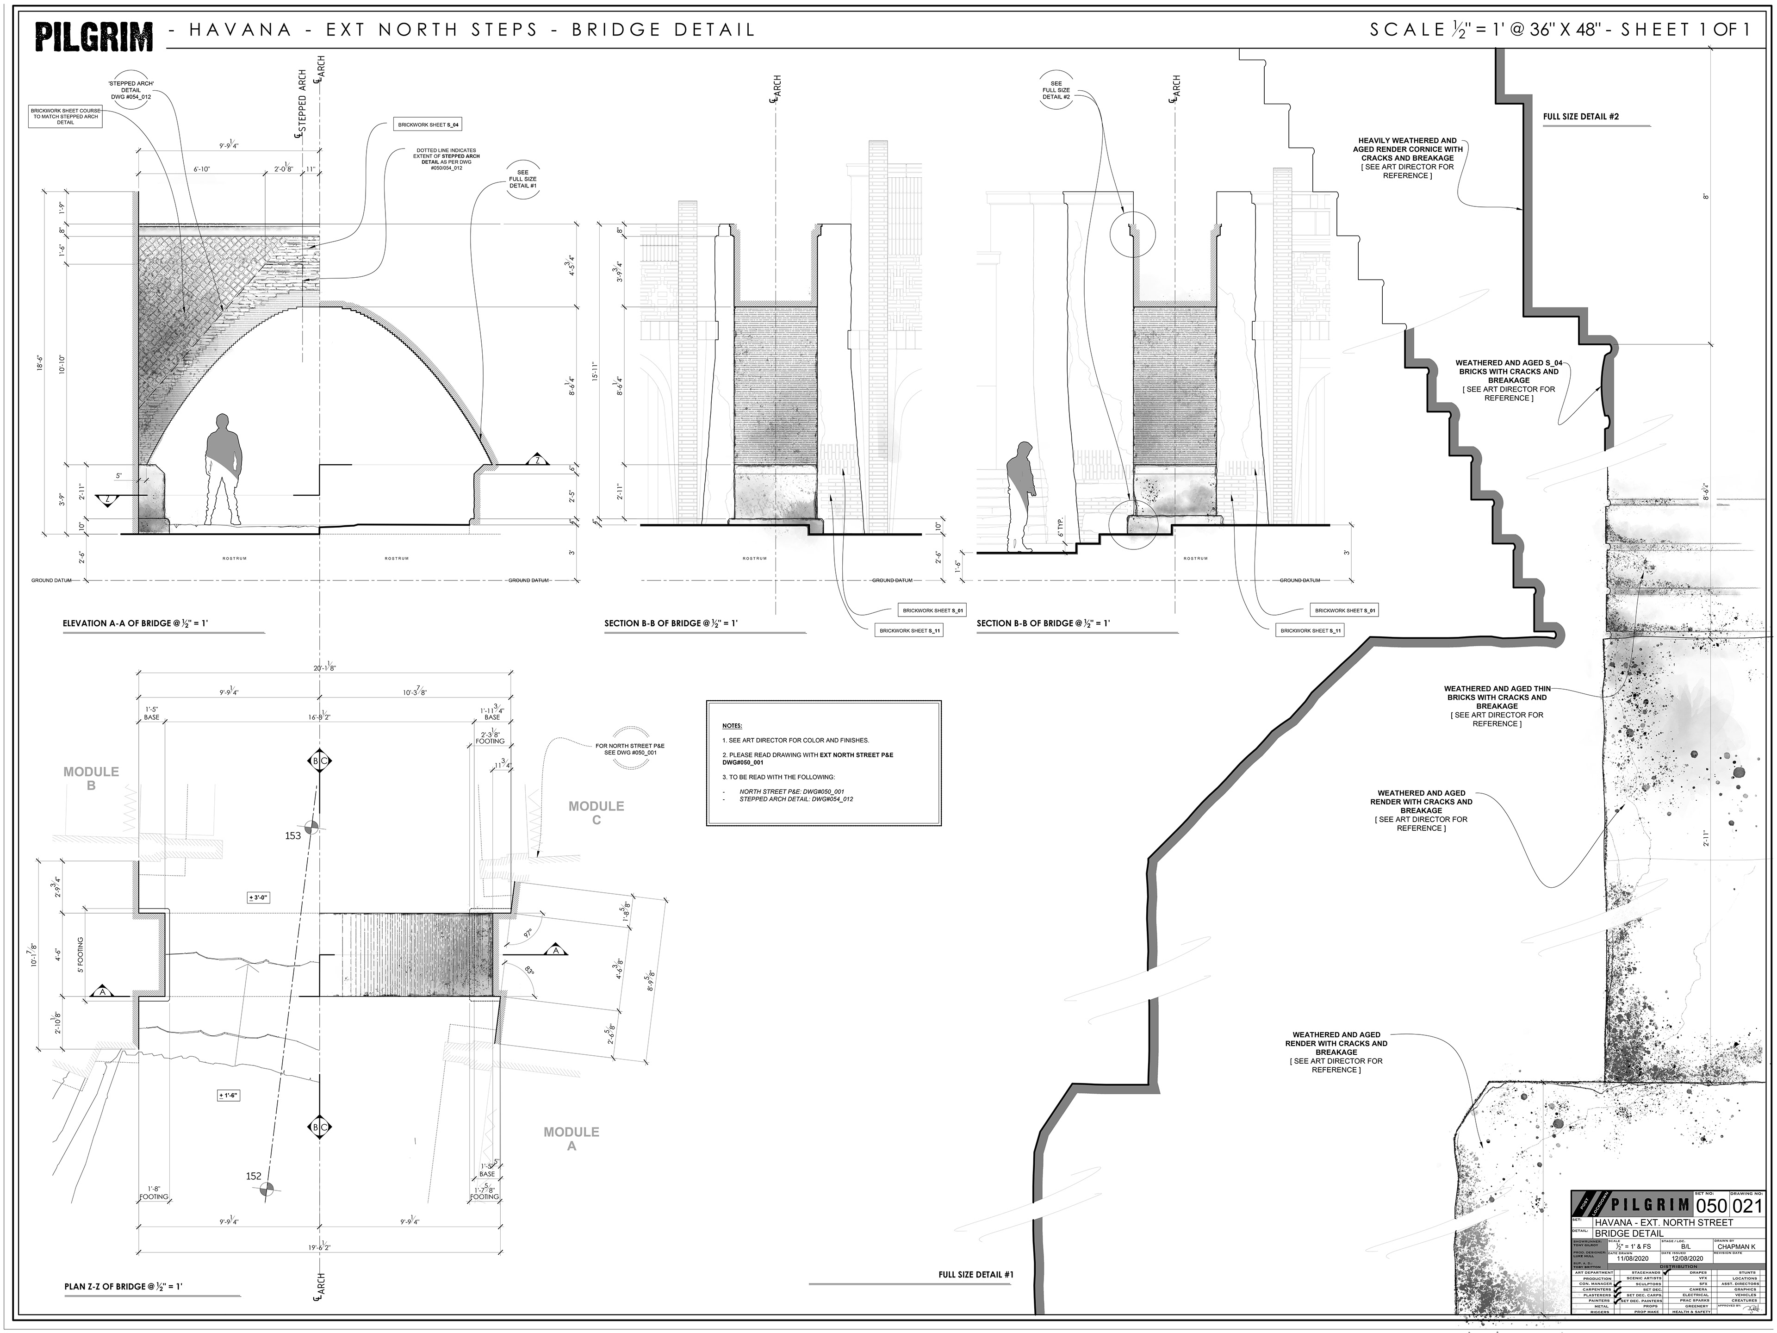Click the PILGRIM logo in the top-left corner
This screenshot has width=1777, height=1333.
94,36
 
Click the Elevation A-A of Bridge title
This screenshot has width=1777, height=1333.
135,623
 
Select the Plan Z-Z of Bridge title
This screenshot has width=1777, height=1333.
124,1309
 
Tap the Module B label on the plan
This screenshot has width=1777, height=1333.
91,778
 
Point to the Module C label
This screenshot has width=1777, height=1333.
596,812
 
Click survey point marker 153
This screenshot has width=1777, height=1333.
312,828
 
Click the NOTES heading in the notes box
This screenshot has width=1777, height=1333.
732,726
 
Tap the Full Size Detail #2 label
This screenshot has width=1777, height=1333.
1580,117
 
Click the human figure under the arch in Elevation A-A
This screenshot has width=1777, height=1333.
224,470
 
